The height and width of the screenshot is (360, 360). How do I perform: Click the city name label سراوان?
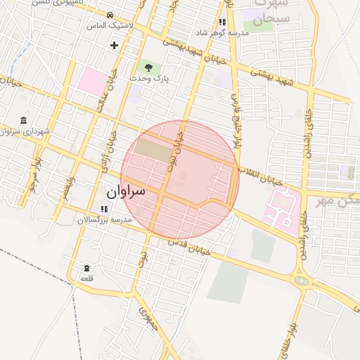126,191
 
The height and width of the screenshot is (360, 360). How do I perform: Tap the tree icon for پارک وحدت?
148,67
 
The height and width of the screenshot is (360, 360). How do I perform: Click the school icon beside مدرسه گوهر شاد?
223,22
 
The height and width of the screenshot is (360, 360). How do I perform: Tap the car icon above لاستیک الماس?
110,15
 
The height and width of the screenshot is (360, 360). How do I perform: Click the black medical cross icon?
114,45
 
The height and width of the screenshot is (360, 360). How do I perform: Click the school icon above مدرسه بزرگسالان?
104,209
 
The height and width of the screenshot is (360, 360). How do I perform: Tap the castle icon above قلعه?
86,268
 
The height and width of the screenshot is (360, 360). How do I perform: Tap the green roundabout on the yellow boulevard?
302,280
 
